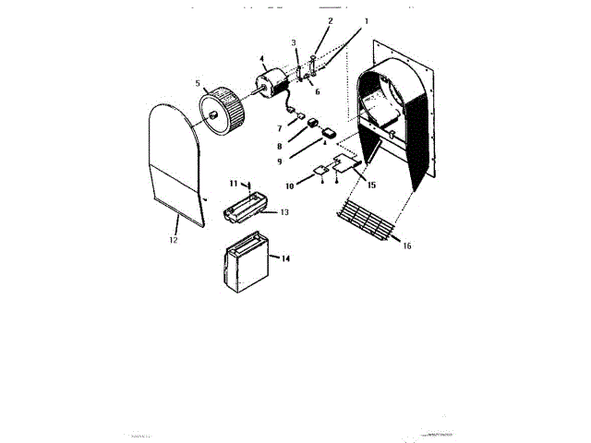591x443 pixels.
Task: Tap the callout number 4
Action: pos(262,60)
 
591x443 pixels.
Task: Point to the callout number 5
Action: pos(197,82)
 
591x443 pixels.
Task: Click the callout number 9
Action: pos(278,162)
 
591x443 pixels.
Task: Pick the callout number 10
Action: pos(290,186)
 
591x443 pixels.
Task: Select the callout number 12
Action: pos(173,240)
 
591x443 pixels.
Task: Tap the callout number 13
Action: pos(284,212)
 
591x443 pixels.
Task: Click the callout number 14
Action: pos(285,259)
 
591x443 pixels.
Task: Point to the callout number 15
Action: pos(371,185)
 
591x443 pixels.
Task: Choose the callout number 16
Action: pos(407,246)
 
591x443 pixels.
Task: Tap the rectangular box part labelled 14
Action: pos(246,262)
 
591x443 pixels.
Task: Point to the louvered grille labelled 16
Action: pos(367,221)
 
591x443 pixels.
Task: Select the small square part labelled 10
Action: pos(320,171)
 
